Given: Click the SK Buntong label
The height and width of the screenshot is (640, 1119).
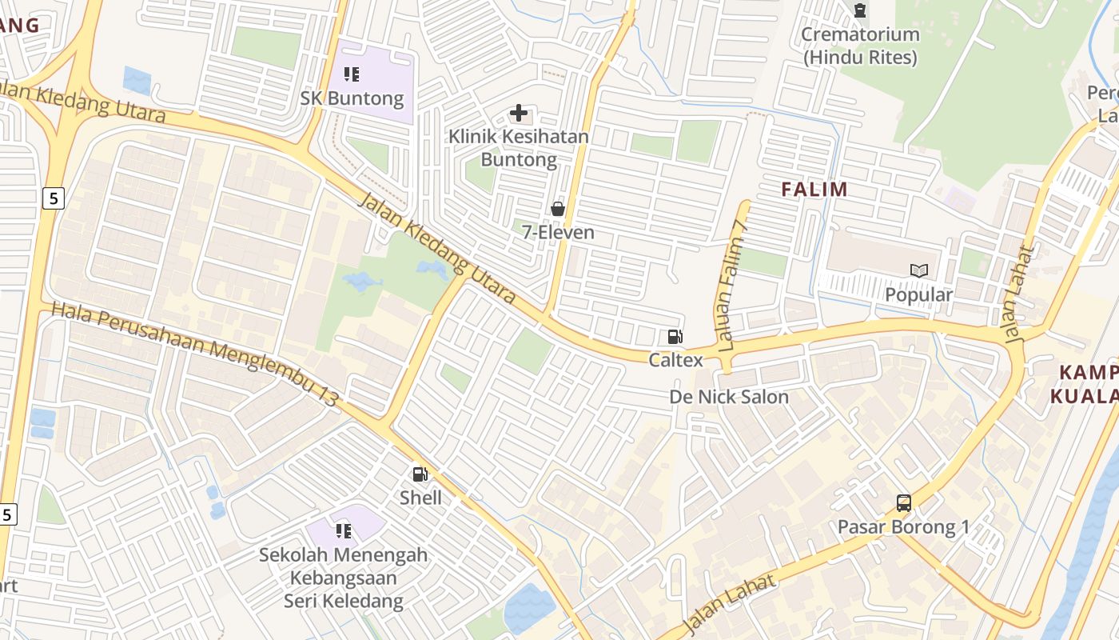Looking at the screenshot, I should click(x=352, y=99).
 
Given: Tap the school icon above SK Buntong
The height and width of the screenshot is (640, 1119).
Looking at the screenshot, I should click(x=352, y=74).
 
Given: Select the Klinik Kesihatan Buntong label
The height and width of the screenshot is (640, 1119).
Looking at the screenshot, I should click(x=519, y=148).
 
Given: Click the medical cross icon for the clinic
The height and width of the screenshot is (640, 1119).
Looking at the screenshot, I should click(x=519, y=113).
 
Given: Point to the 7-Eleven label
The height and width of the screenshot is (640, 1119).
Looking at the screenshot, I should click(x=558, y=233).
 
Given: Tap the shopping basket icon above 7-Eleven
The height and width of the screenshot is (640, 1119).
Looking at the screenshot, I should click(x=558, y=209).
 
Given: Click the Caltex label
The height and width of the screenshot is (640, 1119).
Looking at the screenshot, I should click(x=675, y=360).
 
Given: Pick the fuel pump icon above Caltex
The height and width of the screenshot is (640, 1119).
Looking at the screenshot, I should click(x=675, y=338).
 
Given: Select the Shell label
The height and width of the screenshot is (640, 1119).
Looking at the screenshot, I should click(x=420, y=498).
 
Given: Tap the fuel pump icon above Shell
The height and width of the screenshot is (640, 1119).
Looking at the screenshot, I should click(x=420, y=474).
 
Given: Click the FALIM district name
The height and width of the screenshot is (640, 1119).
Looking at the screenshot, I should click(x=814, y=190).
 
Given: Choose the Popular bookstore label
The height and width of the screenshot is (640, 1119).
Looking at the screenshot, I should click(x=918, y=294).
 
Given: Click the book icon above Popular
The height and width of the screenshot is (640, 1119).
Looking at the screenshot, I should click(x=918, y=271).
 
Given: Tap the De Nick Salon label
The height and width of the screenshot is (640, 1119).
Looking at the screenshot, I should click(x=728, y=397).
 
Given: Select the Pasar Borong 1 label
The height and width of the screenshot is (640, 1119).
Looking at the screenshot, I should click(x=903, y=527).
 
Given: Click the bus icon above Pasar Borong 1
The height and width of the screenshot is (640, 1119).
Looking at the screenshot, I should click(x=904, y=503).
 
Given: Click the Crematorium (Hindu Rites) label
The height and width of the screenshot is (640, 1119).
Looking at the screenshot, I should click(x=860, y=46).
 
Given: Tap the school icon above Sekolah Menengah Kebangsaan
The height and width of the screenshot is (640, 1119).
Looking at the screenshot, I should click(x=344, y=530).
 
